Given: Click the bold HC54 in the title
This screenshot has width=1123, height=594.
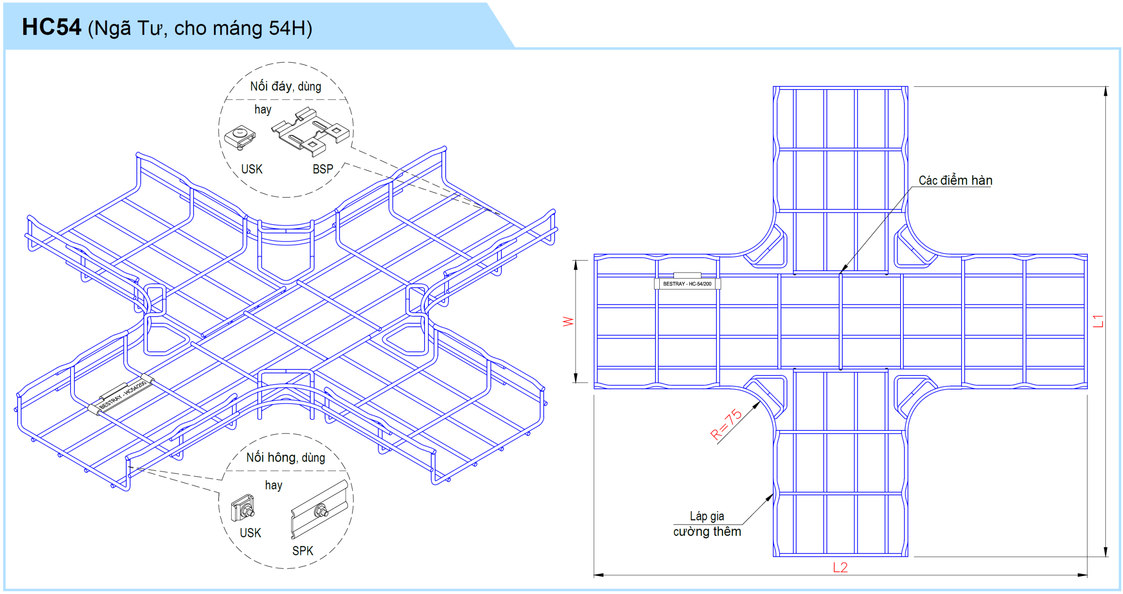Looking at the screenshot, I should click(51, 27).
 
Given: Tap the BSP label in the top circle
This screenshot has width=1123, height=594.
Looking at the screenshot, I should click(323, 169).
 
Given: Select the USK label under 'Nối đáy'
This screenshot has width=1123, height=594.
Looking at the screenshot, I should click(252, 169).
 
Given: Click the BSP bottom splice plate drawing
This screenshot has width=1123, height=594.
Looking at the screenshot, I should click(311, 131).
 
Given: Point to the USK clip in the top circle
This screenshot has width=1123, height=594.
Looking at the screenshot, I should click(240, 137).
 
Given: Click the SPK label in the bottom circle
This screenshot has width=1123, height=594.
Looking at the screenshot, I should click(303, 551).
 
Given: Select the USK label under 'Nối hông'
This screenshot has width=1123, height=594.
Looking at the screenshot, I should click(250, 533).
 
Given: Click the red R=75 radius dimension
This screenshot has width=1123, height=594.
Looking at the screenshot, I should click(726, 424).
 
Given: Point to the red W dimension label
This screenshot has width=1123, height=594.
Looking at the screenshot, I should click(568, 322).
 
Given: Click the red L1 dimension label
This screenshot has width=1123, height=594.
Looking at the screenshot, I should click(1098, 321).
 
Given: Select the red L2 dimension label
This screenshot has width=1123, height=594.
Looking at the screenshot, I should click(840, 568).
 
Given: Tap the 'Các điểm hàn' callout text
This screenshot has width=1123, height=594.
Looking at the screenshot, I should click(955, 181).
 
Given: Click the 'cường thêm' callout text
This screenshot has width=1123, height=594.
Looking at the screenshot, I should click(707, 532).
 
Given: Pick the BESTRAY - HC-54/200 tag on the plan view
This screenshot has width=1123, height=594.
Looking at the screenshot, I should click(687, 284).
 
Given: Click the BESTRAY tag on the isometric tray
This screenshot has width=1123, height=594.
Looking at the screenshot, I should click(122, 395).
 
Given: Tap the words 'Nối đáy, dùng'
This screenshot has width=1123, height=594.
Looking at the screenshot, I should click(286, 86).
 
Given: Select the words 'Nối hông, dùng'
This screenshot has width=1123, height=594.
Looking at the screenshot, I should click(286, 458).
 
